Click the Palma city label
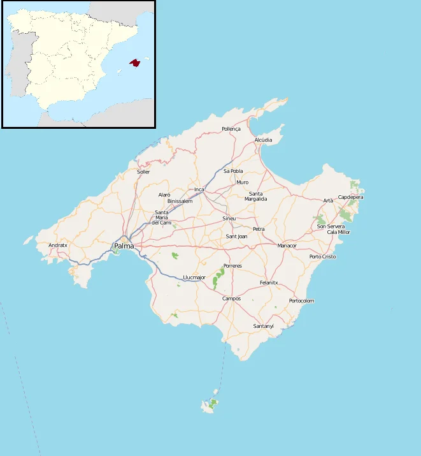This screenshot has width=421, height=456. pos(124,246)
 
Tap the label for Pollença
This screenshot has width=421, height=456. pos(231,129)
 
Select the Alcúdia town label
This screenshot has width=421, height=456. pos(263,140)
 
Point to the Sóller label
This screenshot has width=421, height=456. pos(143,172)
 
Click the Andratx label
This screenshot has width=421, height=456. pos(58,245)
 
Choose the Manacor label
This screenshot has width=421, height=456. pos(287,246)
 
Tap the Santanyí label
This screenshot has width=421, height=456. pos(263,327)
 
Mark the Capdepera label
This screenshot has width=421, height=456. pos(350,197)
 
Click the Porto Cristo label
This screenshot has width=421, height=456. pos(322,256)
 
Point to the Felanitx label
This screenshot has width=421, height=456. pos(269,283)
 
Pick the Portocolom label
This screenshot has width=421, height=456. pos(301,300)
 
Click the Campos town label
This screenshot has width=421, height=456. pos(231,298)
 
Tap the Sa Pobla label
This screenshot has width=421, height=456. pos(233,171)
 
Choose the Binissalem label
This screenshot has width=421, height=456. pos(180,201)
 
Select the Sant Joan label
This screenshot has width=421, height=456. pos(237,237)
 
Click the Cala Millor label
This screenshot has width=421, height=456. pos(338,232)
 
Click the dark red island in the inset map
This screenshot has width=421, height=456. pos(134,63)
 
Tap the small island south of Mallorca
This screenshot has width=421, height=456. pos(210,404)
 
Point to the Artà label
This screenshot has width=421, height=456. pos(328,201)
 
